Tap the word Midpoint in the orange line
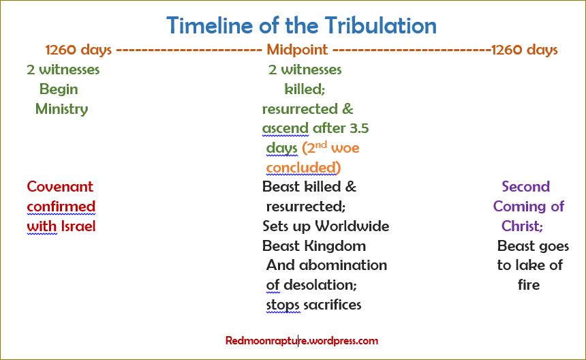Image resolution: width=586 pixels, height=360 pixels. coord(297,50)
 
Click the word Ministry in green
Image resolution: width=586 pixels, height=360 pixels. coord(61,109)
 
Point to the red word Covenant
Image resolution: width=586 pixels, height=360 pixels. coord(60,187)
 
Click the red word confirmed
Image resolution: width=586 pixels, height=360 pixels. coord(61,207)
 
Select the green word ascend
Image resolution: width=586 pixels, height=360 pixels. coord(285,128)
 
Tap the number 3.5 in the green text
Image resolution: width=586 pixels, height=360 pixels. coord(356,128)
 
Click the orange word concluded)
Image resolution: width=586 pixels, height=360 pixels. coord(303,168)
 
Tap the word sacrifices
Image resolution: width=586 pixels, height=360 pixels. coord(332,305)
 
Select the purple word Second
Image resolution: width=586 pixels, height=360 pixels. coord(525,187)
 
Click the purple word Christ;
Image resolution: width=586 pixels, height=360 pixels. coord(522,226)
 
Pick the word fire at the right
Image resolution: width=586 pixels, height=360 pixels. coord(529,285)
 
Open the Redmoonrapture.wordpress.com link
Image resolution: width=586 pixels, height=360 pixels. coord(301,340)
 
